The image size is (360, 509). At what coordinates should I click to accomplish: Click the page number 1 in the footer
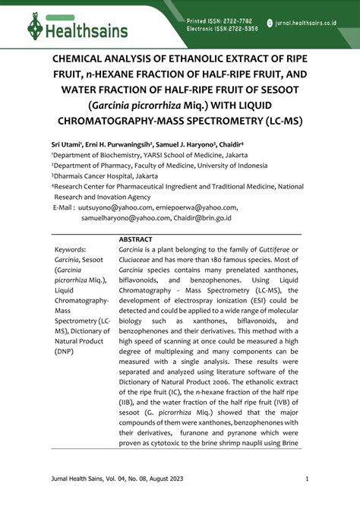[307, 479]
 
